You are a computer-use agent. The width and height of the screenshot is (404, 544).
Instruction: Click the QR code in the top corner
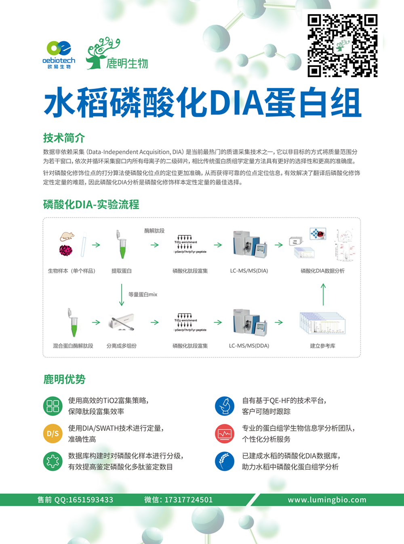pos(343,45)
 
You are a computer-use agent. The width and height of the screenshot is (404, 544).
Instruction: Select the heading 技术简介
pos(64,138)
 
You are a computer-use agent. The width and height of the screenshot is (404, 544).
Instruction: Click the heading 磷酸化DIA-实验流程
pos(91,204)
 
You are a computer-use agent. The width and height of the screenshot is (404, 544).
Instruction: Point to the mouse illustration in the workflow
pos(67,236)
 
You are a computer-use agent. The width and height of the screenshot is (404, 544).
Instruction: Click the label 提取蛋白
pos(122,271)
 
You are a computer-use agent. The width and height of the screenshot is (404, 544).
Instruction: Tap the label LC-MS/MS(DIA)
pos(249,271)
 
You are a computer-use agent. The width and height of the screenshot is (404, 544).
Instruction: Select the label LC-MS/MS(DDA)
pos(249,346)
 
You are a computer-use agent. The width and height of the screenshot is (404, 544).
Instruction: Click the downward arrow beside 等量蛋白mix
pos(122,295)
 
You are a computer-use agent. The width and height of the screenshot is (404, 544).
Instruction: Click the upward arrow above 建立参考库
pos(323,294)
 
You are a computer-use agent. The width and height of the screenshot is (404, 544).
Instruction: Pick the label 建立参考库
pos(322,346)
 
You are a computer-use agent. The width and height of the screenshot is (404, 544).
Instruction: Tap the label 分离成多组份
pos(122,346)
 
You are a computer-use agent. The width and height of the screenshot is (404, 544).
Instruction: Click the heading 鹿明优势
pos(64,379)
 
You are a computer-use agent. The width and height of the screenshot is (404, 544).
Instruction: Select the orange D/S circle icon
pos(53,433)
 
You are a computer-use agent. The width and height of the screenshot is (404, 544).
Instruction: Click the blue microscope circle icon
pos(225,406)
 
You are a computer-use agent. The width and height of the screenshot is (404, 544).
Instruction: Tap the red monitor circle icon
pos(225,433)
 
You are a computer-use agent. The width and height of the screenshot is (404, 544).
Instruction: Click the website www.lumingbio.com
pos(327,500)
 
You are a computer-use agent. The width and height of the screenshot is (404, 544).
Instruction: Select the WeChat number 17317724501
pos(188,500)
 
